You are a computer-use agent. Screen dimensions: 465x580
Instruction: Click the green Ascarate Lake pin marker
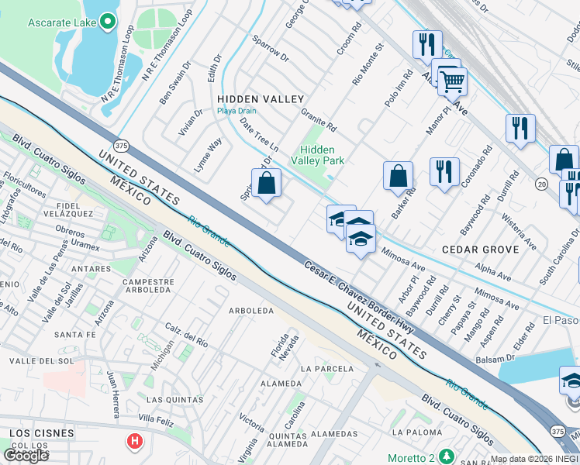click(109, 22)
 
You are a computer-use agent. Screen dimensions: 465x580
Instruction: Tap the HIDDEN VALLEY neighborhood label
click(261, 99)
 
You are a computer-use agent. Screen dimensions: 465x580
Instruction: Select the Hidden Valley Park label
click(317, 155)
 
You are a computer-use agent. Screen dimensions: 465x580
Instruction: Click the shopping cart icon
click(452, 79)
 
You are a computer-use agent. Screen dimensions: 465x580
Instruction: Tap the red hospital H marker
click(135, 442)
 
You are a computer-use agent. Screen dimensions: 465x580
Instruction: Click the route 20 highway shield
click(542, 184)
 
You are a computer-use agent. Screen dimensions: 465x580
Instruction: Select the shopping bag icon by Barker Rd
click(398, 175)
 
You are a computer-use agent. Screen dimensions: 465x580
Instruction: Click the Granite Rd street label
click(319, 119)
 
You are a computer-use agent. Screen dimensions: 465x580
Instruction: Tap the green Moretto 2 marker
click(445, 454)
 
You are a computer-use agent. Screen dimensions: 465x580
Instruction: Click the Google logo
click(26, 455)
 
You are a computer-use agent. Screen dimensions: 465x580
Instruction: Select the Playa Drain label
click(236, 111)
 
